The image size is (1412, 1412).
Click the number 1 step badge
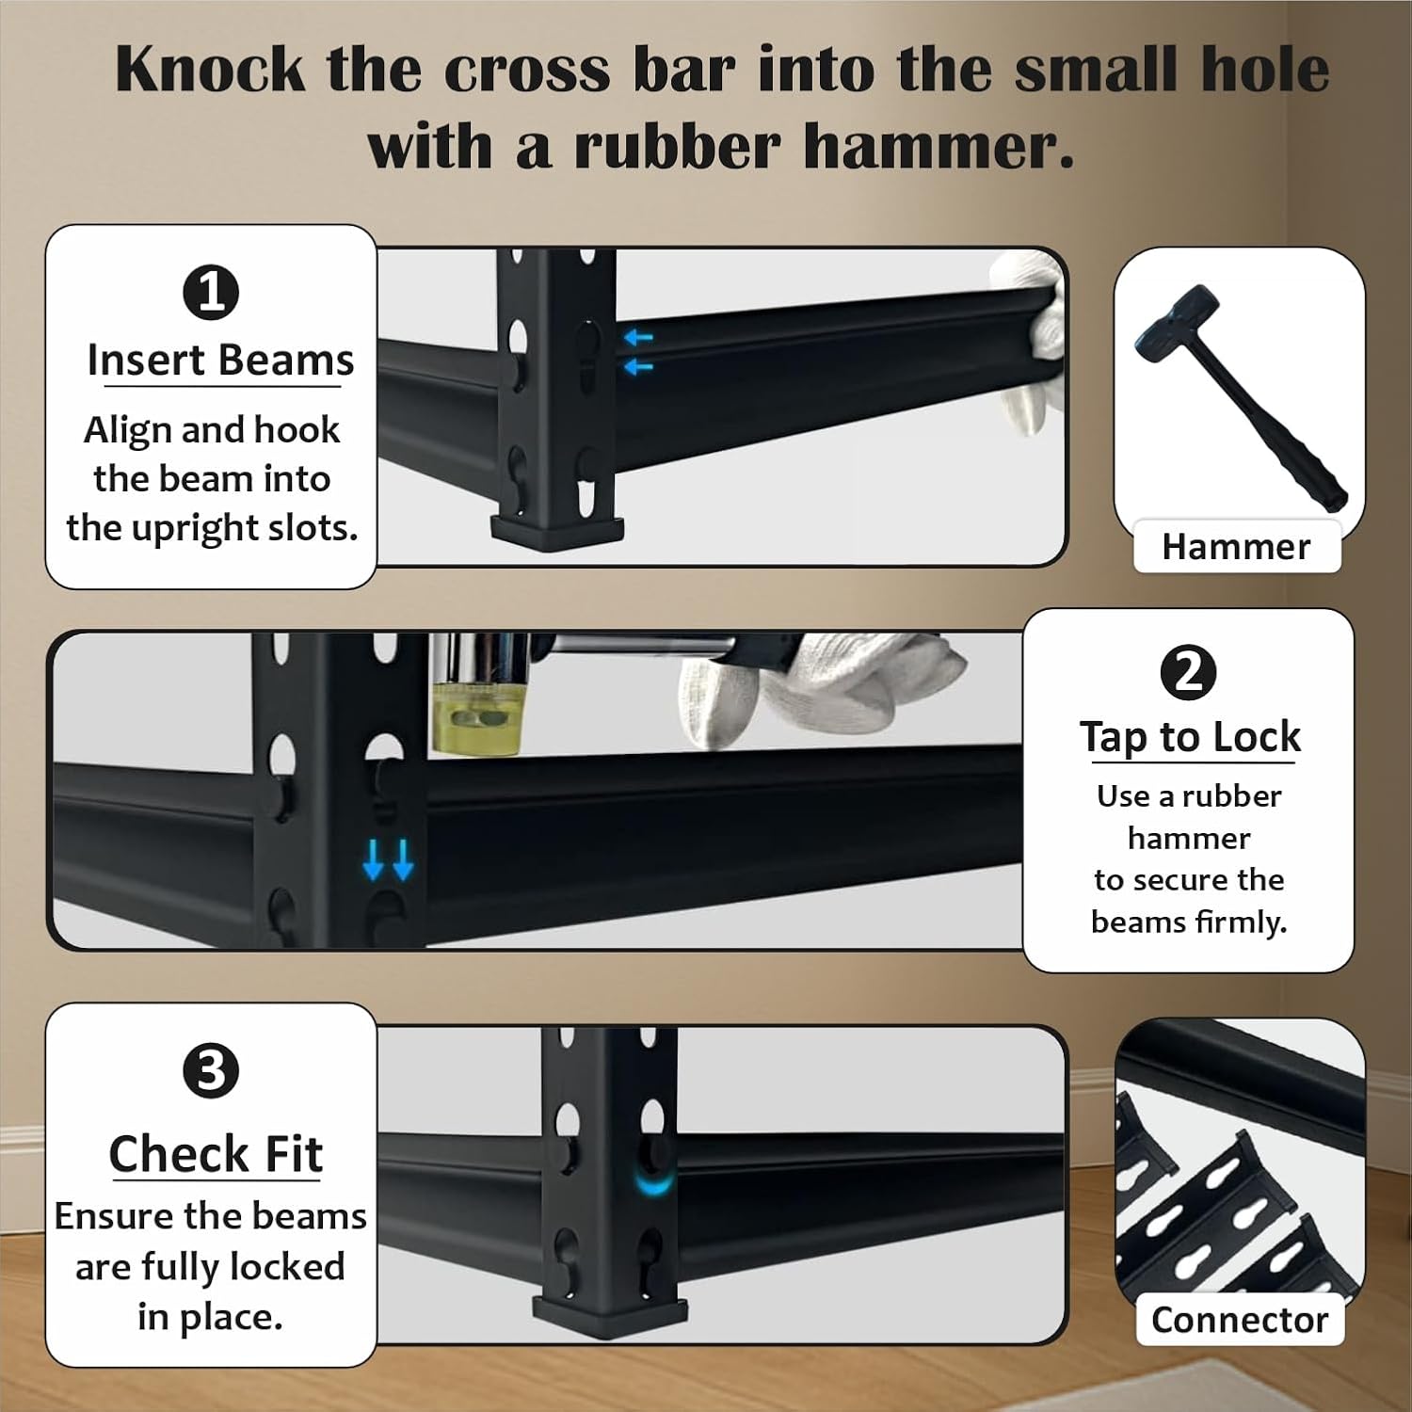point(211,292)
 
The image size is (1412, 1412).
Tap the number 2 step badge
point(1188,672)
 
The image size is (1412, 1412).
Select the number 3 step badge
point(211,1071)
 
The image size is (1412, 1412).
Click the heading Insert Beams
point(220,361)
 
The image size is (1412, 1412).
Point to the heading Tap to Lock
point(1190,737)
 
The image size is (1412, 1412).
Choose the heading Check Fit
point(216,1153)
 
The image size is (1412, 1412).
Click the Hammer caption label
point(1236,546)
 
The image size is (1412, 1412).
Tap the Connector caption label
point(1240,1320)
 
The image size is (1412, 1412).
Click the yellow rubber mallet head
point(475,719)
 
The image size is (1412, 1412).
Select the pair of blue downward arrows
point(388,859)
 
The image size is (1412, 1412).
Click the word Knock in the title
point(211,70)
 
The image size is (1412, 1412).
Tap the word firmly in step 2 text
point(1240,923)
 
